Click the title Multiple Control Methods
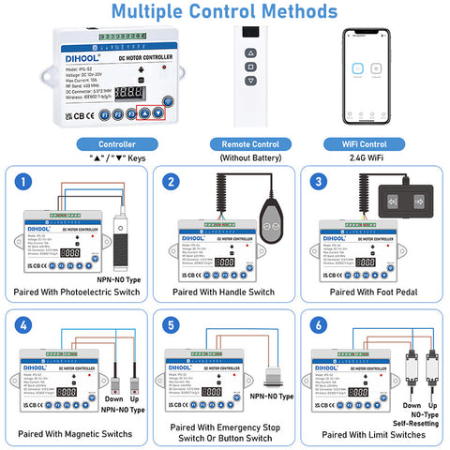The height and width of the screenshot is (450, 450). click(x=225, y=12)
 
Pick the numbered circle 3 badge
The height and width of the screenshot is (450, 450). click(x=318, y=182)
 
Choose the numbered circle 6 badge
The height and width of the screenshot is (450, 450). click(x=318, y=325)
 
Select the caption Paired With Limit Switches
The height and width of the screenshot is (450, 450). click(x=372, y=435)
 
